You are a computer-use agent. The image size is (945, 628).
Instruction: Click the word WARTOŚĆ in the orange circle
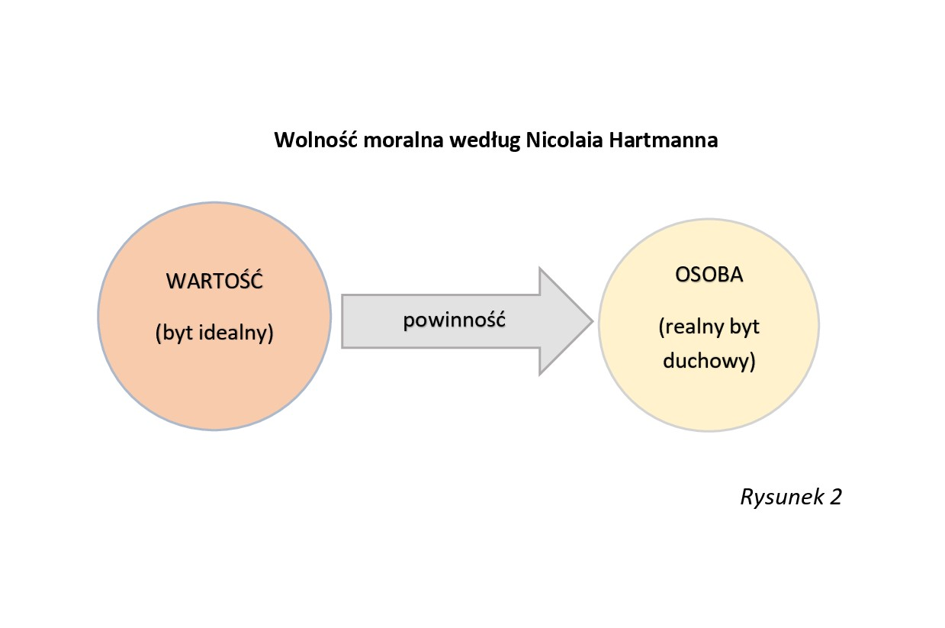click(214, 280)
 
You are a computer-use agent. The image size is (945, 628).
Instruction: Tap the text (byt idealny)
click(214, 333)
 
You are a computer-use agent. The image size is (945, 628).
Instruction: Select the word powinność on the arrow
click(455, 320)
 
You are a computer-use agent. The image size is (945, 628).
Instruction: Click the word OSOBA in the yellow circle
click(709, 275)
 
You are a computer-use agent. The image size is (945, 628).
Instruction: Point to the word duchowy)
click(709, 361)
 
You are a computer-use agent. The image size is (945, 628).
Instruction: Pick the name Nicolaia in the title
click(561, 141)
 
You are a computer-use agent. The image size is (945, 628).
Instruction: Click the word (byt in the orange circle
click(175, 333)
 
